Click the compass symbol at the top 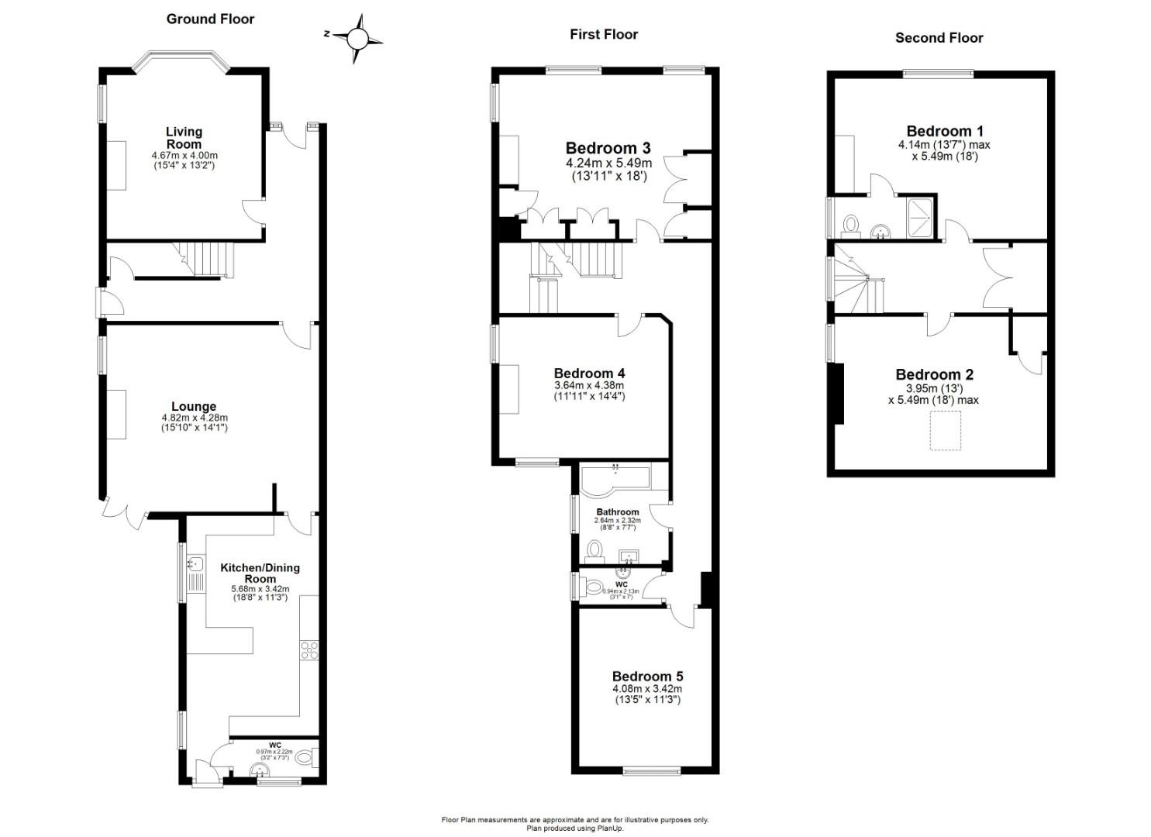[357, 38]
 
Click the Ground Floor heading [210, 19]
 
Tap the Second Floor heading [939, 37]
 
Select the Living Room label [184, 137]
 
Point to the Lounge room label [194, 406]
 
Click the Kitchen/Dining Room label [260, 573]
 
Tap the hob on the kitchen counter [309, 649]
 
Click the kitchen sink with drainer [195, 573]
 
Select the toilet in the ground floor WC [307, 756]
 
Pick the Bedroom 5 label [647, 676]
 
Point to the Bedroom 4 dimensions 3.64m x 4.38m [589, 385]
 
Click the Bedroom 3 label [608, 148]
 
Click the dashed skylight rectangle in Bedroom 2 [945, 430]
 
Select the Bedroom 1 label [944, 131]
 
